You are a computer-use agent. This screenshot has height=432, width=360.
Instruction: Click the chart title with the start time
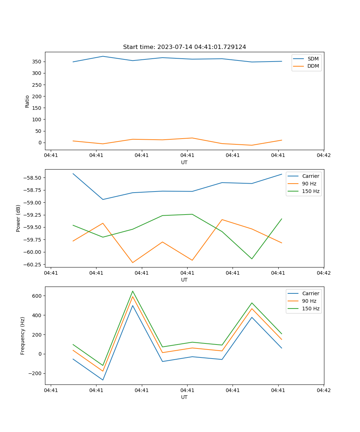184,47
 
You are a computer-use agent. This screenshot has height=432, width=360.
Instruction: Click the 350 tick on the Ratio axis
37,62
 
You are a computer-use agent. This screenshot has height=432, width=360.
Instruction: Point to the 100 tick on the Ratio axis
37,120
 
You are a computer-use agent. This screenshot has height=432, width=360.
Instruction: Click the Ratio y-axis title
27,101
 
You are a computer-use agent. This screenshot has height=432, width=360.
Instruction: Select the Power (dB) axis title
18,218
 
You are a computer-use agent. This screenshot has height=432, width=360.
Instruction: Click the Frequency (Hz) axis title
23,336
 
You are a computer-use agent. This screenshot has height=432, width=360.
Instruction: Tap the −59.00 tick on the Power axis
33,202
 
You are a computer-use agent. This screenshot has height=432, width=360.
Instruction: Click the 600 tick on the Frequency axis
37,296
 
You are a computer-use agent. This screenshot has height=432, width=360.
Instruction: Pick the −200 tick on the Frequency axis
35,373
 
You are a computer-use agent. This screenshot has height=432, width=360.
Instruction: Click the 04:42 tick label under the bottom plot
323,390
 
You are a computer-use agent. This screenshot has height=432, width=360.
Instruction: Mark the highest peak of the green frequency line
132,291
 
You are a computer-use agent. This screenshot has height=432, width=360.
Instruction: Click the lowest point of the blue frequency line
103,380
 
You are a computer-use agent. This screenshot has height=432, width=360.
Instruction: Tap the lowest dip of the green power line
252,259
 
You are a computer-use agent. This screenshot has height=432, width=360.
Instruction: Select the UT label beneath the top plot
184,162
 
